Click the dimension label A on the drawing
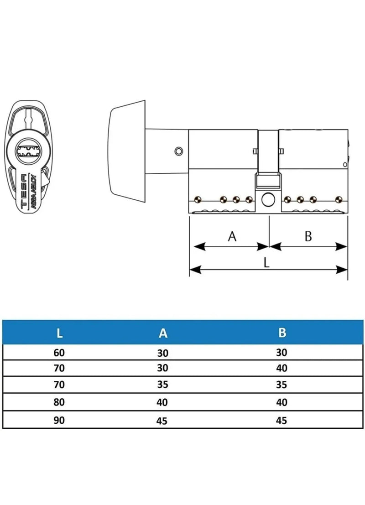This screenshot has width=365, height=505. pyautogui.click(x=232, y=236)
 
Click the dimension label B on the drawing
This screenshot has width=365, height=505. pyautogui.click(x=308, y=236)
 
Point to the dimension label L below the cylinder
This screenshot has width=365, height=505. pyautogui.click(x=266, y=262)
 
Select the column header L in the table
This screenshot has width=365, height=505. pyautogui.click(x=59, y=333)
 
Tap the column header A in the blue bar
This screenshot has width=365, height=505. pyautogui.click(x=163, y=333)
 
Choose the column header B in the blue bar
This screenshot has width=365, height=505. pyautogui.click(x=282, y=333)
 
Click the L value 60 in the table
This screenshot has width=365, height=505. pyautogui.click(x=59, y=353)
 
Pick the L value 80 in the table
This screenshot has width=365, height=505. pyautogui.click(x=59, y=402)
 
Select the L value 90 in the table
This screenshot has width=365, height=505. pyautogui.click(x=59, y=420)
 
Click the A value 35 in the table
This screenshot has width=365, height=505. pyautogui.click(x=163, y=385)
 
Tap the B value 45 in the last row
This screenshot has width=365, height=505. pyautogui.click(x=282, y=420)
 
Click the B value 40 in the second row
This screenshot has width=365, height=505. pyautogui.click(x=282, y=368)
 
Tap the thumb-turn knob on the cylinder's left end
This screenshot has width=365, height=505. pyautogui.click(x=128, y=151)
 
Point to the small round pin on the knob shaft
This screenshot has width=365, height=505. pyautogui.click(x=178, y=151)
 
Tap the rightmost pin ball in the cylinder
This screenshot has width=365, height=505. pyautogui.click(x=339, y=200)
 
